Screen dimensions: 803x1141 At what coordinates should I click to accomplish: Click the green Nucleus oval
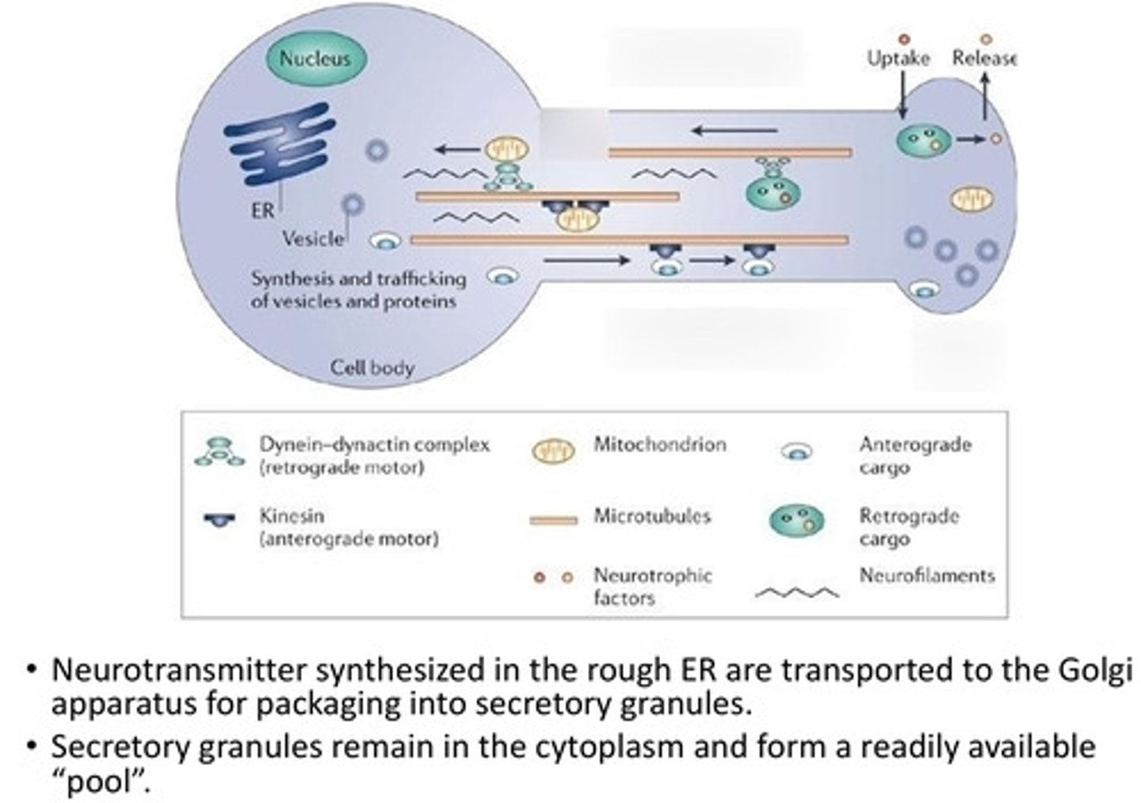coord(315,58)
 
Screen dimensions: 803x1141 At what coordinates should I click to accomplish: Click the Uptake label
coord(898,59)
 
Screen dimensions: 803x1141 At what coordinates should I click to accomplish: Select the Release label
coord(983,59)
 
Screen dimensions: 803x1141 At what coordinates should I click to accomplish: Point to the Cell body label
coord(372,368)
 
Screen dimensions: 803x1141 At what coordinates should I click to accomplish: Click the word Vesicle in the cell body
coord(313,239)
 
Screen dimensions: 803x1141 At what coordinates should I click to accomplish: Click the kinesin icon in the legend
coord(219,520)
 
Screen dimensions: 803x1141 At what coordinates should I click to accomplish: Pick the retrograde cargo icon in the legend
coord(796,521)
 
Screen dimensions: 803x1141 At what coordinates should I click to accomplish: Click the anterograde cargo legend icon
coord(796,452)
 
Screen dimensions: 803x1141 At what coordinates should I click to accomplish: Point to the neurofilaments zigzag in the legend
coord(796,592)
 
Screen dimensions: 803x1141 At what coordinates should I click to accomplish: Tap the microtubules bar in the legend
coord(553,520)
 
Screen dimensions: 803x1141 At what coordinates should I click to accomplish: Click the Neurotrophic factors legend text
coord(651,586)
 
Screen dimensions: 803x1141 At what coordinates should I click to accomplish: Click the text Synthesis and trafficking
coord(358,279)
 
